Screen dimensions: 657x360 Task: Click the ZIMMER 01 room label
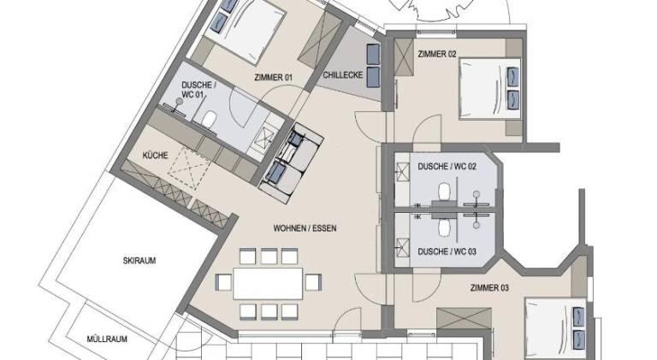(273, 78)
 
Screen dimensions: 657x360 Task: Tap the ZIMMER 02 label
(437, 54)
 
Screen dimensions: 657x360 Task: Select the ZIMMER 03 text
(490, 288)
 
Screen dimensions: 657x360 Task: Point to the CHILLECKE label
(343, 75)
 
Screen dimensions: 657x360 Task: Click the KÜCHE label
(155, 156)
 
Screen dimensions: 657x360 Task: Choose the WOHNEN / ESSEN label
(305, 228)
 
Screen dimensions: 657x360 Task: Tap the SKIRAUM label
(139, 260)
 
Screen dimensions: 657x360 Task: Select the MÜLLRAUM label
(107, 339)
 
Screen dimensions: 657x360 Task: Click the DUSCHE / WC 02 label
(447, 167)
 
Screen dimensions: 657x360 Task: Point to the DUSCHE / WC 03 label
(447, 251)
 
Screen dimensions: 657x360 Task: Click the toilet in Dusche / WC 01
(208, 119)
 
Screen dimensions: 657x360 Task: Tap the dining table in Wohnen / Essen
(268, 283)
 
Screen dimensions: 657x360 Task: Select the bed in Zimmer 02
(490, 89)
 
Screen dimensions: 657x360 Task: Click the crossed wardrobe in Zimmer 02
(404, 57)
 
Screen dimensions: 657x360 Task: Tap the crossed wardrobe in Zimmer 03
(464, 319)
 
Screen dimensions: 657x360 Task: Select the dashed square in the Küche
(189, 168)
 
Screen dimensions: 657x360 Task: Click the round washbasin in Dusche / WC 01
(180, 102)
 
